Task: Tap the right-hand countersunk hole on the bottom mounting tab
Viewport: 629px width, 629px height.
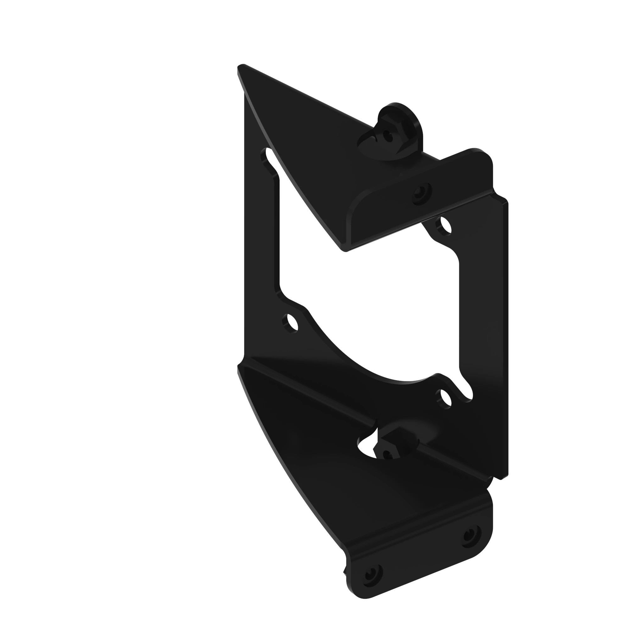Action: (x=470, y=535)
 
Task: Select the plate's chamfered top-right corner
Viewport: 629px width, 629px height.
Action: (x=503, y=199)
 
